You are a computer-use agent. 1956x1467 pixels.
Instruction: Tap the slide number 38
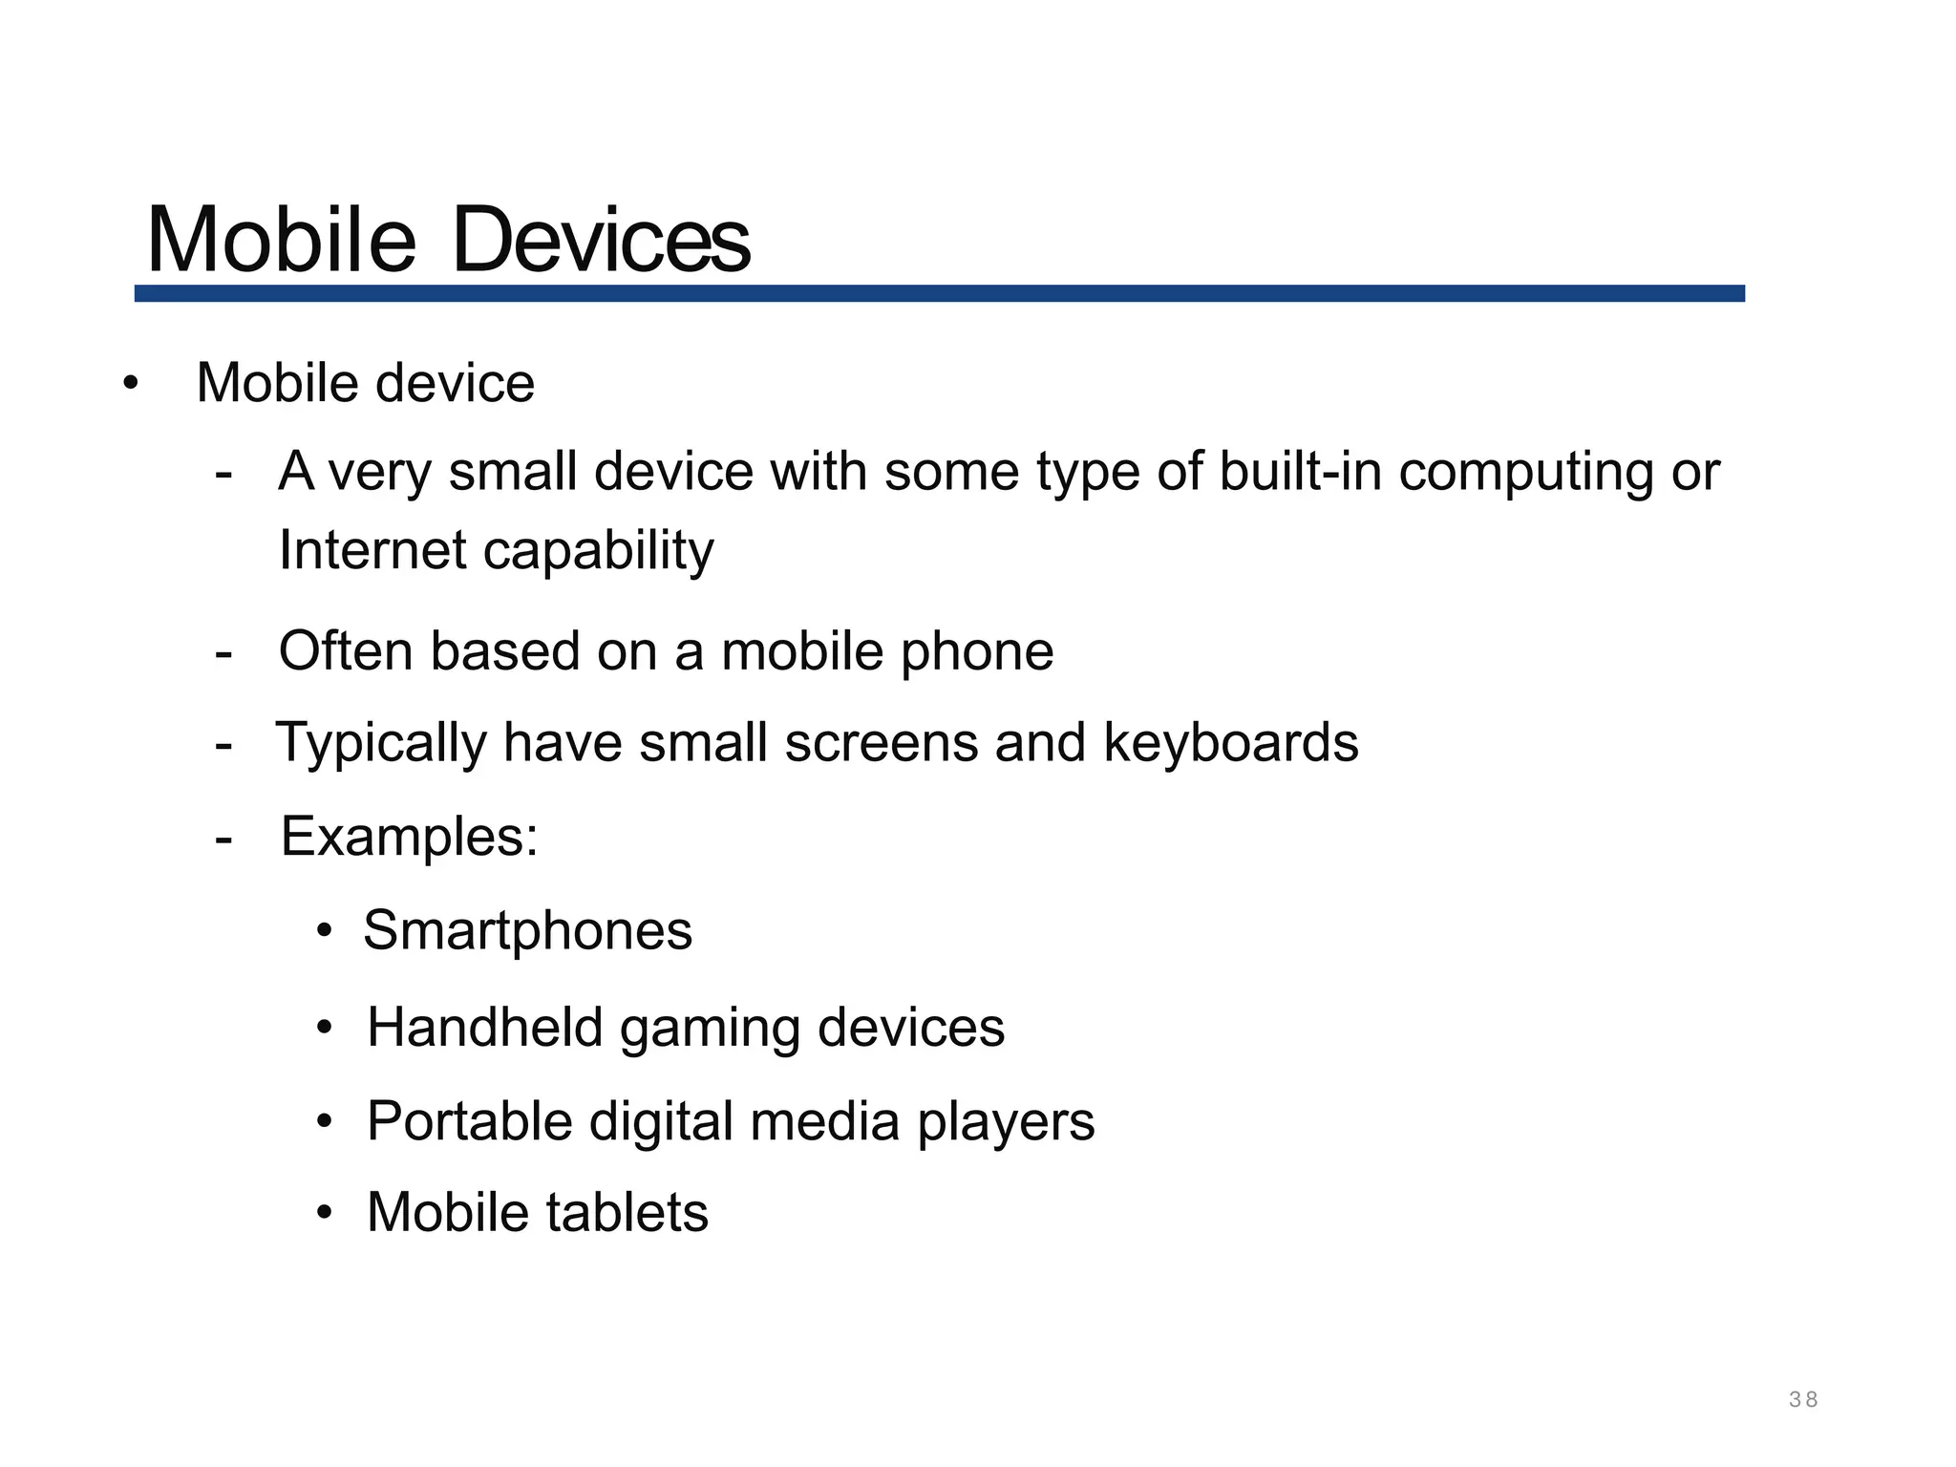point(1803,1399)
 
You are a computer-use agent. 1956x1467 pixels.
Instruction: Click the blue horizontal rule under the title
point(940,293)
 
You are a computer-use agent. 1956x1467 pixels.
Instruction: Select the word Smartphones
point(527,930)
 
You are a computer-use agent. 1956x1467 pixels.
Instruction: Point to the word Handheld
point(484,1028)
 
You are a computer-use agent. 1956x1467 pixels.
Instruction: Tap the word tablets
point(627,1213)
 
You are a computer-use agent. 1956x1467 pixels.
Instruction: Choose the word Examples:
point(410,837)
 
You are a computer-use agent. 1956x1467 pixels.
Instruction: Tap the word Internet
point(372,550)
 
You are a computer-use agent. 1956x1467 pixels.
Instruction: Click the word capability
point(598,552)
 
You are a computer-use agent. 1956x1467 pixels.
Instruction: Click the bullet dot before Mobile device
point(131,384)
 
